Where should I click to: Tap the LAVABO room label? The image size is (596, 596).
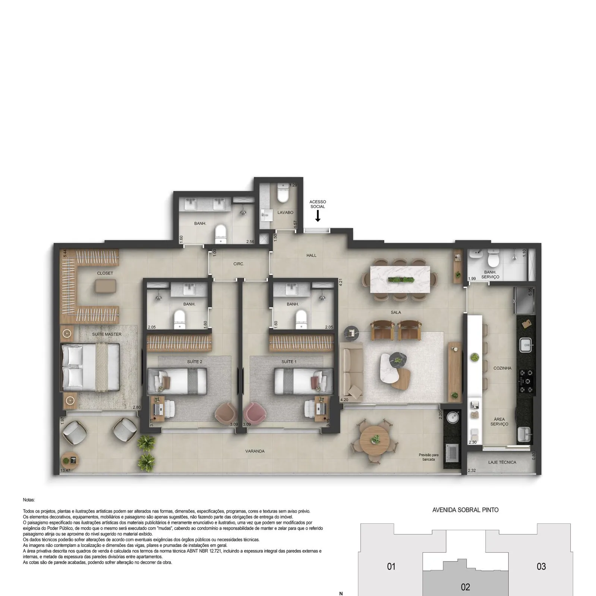pos(285,212)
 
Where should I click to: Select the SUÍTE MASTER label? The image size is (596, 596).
pos(107,334)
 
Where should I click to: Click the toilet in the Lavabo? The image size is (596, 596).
pos(283,192)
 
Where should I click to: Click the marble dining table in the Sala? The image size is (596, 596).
pos(400,279)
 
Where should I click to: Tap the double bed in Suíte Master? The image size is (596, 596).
pos(90,367)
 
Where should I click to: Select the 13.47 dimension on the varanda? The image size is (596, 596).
pos(65,470)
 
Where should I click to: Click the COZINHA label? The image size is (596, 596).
pos(502,368)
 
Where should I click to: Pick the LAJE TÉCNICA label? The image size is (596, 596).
pos(502,462)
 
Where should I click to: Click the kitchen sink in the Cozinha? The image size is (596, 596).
pos(526,345)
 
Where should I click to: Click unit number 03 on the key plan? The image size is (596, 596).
pos(541,567)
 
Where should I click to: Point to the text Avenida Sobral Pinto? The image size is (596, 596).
pos(465,510)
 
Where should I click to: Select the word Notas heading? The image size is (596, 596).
pos(29,500)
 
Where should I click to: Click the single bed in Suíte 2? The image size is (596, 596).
pos(177,381)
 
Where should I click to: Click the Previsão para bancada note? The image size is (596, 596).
pos(429,457)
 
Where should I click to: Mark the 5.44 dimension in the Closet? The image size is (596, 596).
pos(65,253)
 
